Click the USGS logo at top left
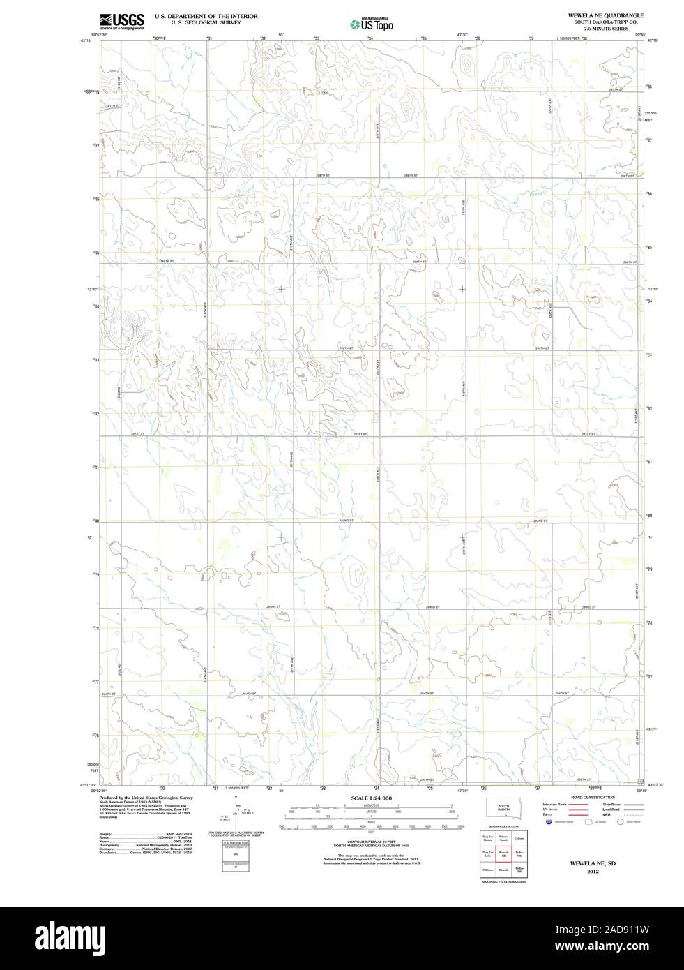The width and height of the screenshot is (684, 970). [x=122, y=21]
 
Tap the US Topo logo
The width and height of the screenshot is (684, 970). [x=372, y=24]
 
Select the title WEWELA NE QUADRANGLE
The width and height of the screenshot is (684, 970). [x=601, y=15]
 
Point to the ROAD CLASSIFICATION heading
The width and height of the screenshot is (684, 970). [x=593, y=797]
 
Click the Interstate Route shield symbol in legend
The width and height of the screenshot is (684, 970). [x=550, y=822]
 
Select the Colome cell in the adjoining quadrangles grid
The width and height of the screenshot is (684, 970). [x=519, y=837]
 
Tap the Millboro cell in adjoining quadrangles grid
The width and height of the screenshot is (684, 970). [x=487, y=870]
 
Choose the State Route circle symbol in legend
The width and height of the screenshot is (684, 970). [x=622, y=822]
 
